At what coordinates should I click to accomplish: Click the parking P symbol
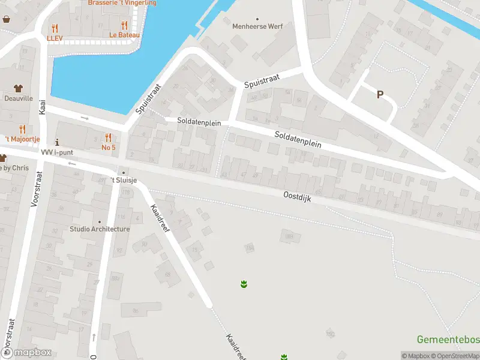click(x=380, y=94)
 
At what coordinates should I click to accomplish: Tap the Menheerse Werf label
click(x=257, y=26)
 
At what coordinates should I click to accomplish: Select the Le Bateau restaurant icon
click(x=125, y=25)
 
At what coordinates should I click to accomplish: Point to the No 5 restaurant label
click(x=108, y=147)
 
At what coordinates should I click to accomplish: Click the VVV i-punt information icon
click(x=57, y=142)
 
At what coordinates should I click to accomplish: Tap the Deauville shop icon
click(x=18, y=88)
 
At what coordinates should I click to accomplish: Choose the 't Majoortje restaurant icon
click(x=22, y=129)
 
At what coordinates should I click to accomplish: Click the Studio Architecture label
click(x=100, y=229)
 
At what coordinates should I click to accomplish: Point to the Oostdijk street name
click(x=297, y=196)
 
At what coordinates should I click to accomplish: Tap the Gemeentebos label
click(x=448, y=340)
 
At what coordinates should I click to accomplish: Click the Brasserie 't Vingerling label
click(x=122, y=3)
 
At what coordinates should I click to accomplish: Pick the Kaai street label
click(x=42, y=107)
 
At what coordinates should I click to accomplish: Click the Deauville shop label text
click(x=18, y=98)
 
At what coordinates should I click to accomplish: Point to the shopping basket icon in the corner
click(x=6, y=19)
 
